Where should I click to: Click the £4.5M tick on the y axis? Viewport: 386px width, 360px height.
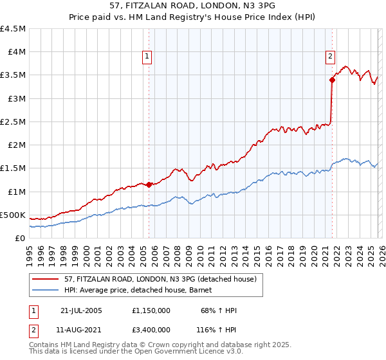[x=14, y=28]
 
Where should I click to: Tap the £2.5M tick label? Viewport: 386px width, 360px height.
[x=14, y=122]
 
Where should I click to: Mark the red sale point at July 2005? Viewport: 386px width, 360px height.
[x=149, y=184]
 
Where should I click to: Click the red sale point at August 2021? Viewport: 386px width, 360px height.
[x=332, y=80]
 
